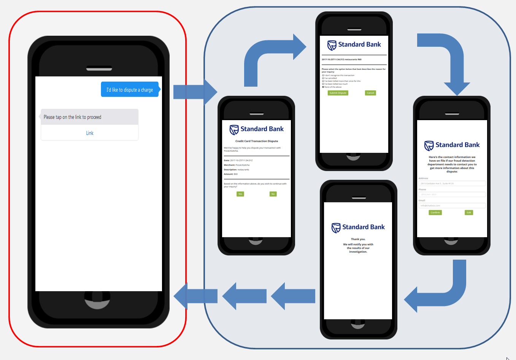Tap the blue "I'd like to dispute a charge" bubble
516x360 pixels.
[x=130, y=90]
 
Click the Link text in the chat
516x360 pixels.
[x=90, y=133]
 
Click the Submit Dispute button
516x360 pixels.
[x=338, y=93]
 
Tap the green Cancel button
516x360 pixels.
[x=370, y=93]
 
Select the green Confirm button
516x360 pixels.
[x=435, y=213]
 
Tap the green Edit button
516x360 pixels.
[x=469, y=213]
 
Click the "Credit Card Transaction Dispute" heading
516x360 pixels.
[x=257, y=141]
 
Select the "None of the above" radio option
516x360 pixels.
[x=323, y=87]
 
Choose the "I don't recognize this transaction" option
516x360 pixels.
[x=323, y=75]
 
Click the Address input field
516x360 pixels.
[x=452, y=183]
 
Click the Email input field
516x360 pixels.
[x=452, y=205]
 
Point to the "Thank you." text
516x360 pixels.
[x=358, y=239]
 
